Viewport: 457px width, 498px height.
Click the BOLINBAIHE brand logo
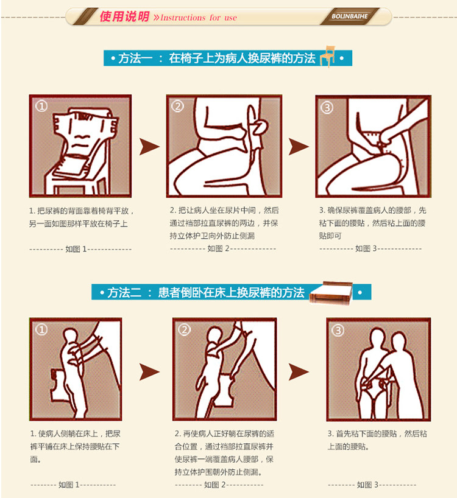[x=350, y=16]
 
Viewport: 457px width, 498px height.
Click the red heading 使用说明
[x=124, y=16]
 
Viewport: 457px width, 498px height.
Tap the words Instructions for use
[x=199, y=18]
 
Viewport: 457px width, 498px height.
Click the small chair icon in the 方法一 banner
[x=328, y=56]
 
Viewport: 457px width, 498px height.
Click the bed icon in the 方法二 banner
[x=331, y=293]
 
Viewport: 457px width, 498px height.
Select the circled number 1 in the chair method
[x=41, y=106]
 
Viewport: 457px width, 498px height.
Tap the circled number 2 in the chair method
[x=178, y=106]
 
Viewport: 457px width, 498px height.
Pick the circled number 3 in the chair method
[x=327, y=108]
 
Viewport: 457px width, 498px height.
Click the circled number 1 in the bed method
[x=41, y=329]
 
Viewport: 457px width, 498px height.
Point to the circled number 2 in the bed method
[x=185, y=330]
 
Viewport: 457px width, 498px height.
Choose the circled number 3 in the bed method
[x=338, y=331]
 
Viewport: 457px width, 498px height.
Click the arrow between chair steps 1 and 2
[x=149, y=147]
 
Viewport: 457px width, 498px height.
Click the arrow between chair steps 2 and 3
[x=298, y=147]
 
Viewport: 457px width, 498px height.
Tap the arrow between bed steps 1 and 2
[x=149, y=372]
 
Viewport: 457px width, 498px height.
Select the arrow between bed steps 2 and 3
[x=298, y=372]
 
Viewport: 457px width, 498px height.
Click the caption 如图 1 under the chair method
[x=76, y=249]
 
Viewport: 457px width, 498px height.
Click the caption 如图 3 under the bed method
[x=367, y=485]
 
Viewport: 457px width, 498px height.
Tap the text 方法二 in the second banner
[x=124, y=292]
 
